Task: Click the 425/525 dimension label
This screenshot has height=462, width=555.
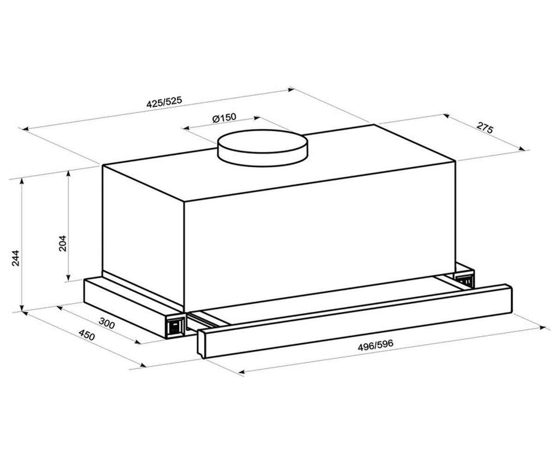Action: click(x=164, y=102)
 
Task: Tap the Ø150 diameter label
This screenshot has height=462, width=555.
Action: click(x=224, y=118)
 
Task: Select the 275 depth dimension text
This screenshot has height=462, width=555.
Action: click(x=485, y=128)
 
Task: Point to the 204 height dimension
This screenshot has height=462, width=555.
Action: click(x=63, y=243)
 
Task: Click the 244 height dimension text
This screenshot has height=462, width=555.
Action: click(x=16, y=258)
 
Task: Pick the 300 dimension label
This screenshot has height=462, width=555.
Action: click(x=106, y=323)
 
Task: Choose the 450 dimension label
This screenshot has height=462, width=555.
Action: click(x=86, y=335)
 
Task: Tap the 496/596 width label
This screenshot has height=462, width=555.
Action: click(x=375, y=346)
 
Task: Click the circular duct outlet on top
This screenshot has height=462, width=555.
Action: click(x=263, y=148)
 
